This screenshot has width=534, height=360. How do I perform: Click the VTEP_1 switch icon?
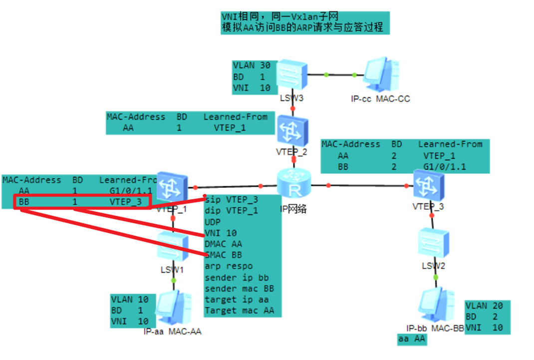[x=173, y=187]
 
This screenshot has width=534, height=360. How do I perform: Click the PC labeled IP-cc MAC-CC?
[x=381, y=75]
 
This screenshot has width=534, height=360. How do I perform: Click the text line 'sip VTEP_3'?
[x=231, y=200]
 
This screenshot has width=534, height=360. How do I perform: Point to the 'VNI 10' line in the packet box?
[x=221, y=233]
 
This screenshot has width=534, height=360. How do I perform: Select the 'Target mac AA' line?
[x=239, y=311]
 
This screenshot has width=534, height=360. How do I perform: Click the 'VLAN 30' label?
[x=252, y=65]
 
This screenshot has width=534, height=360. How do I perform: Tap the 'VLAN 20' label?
[x=484, y=306]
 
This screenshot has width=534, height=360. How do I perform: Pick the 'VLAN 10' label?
[x=129, y=300]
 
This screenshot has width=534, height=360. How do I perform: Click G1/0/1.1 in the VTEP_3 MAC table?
[x=444, y=167]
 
